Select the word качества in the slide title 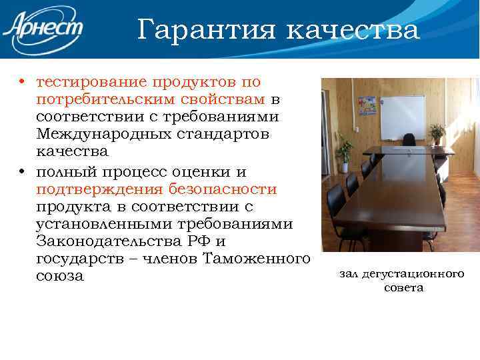pos(353,30)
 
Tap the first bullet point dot pos(22,83)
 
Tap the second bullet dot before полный pos(22,173)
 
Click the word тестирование pos(92,82)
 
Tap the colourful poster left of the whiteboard pos(367,107)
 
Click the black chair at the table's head pos(409,141)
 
